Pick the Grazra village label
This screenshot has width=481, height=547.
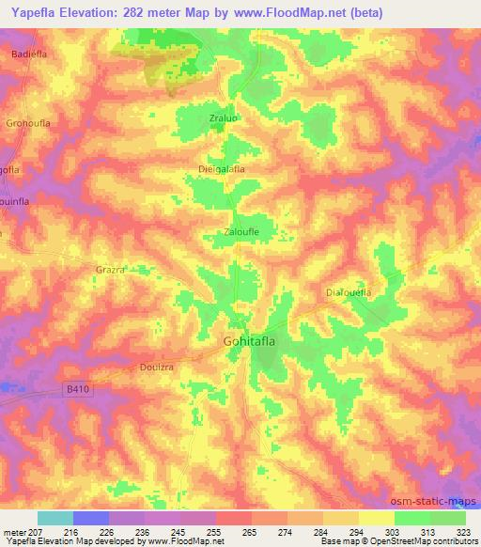(x=110, y=269)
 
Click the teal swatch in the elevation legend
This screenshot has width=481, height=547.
(x=55, y=518)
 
